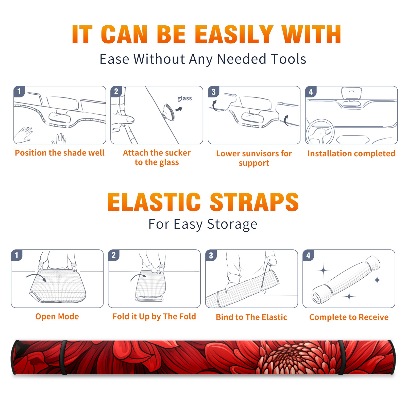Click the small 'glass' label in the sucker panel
pos(184,98)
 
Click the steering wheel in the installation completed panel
pos(320,132)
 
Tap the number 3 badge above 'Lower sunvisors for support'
pos(213,92)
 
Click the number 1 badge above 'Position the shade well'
pos(19,91)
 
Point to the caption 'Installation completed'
pos(351,154)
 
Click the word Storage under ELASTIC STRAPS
pos(232,224)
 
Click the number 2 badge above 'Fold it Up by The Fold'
pos(113,255)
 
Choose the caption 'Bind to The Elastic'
pos(251,317)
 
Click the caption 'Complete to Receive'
pos(349,317)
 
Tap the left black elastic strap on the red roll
pos(64,357)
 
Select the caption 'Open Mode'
pos(57,316)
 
